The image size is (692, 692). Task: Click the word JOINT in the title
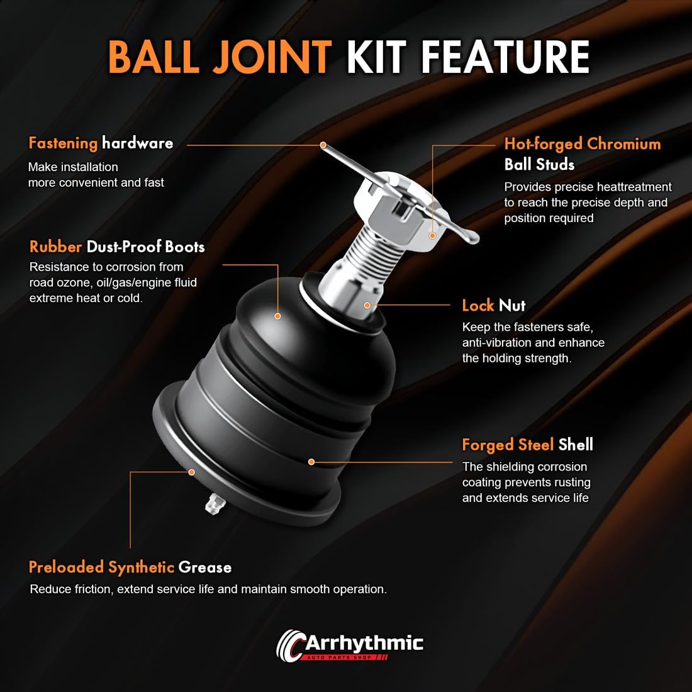[272, 57]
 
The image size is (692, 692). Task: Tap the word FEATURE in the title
[505, 57]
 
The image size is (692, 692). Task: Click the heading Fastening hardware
[101, 143]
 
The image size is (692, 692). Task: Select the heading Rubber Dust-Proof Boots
[117, 247]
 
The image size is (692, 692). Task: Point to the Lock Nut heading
[494, 305]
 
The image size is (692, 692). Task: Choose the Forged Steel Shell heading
[527, 445]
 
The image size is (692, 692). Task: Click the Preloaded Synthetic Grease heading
[130, 567]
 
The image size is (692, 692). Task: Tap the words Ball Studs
[539, 165]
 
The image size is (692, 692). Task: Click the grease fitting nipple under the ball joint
[215, 503]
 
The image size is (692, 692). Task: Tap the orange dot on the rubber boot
[277, 316]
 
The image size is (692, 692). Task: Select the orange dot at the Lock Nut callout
[367, 305]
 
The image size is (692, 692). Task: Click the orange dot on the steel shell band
[311, 462]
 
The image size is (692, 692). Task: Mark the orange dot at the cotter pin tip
[323, 145]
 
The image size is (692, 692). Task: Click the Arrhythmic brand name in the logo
[364, 644]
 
